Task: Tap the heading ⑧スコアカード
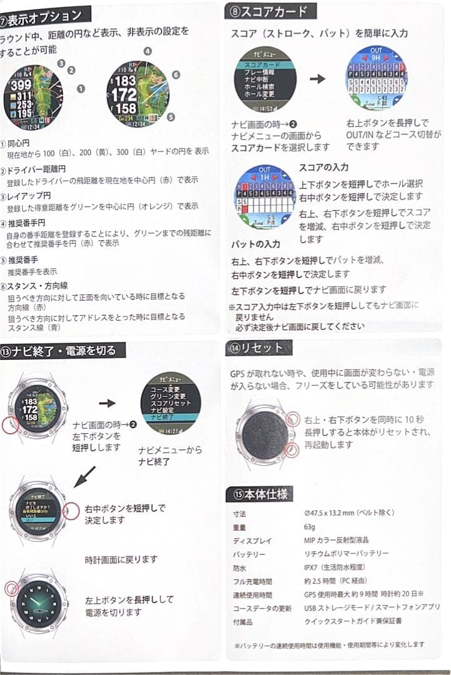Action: point(270,11)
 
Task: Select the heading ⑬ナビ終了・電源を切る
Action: point(63,350)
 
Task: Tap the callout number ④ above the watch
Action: point(148,51)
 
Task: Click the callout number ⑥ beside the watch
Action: point(176,74)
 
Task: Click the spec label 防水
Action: point(240,568)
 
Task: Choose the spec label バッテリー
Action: point(249,554)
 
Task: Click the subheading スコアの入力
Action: point(323,167)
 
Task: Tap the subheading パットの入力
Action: point(256,243)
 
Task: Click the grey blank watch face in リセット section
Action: point(265,431)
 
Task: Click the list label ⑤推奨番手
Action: point(23,260)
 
